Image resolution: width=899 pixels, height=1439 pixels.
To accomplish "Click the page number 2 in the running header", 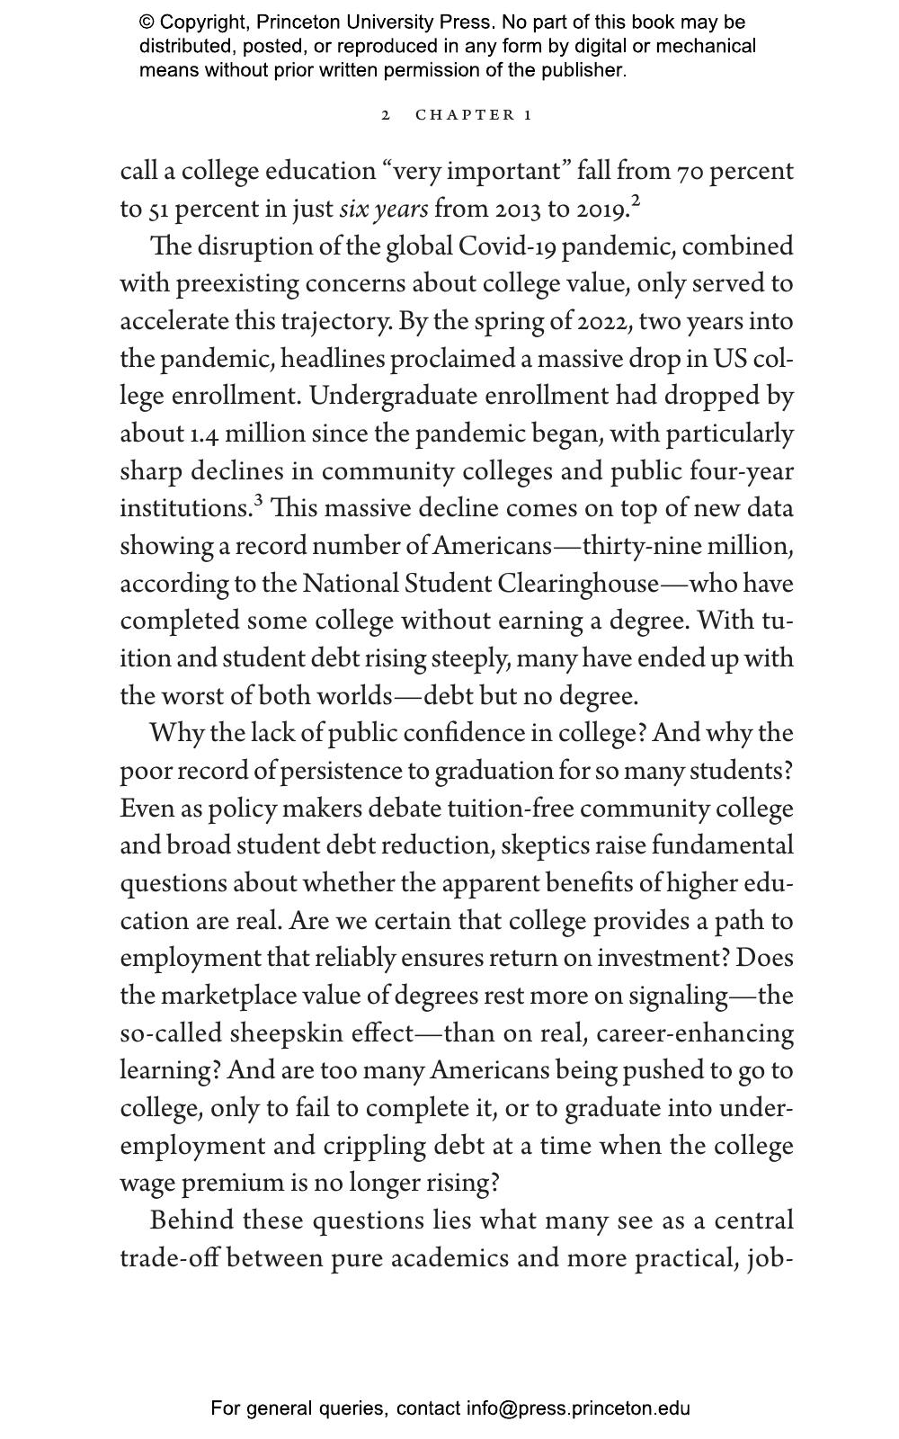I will coord(386,115).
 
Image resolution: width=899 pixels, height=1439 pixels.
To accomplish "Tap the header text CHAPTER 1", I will coord(474,115).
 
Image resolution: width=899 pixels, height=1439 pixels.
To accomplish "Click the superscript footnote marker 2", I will coord(636,201).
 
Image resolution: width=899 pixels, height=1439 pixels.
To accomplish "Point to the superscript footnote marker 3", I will coord(258,500).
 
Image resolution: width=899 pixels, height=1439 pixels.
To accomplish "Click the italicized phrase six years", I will coord(383,209).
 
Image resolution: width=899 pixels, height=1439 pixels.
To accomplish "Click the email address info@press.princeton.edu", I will coord(577,1408).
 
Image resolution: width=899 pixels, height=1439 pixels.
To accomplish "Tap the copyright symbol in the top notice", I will coord(147,22).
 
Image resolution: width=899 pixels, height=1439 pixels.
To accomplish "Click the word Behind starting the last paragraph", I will coord(191,1220).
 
